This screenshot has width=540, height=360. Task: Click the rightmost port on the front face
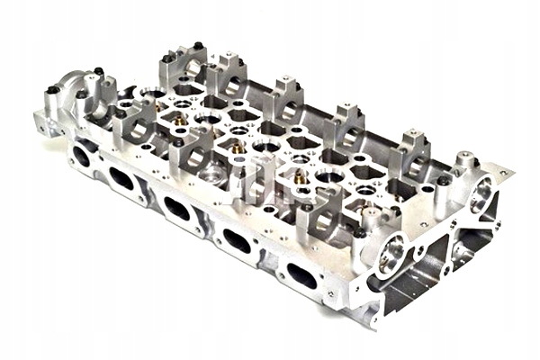point(301,275)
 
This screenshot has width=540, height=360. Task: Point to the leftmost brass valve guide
point(180,118)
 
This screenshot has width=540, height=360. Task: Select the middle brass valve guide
point(238,147)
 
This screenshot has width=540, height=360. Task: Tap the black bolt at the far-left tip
point(53,90)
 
